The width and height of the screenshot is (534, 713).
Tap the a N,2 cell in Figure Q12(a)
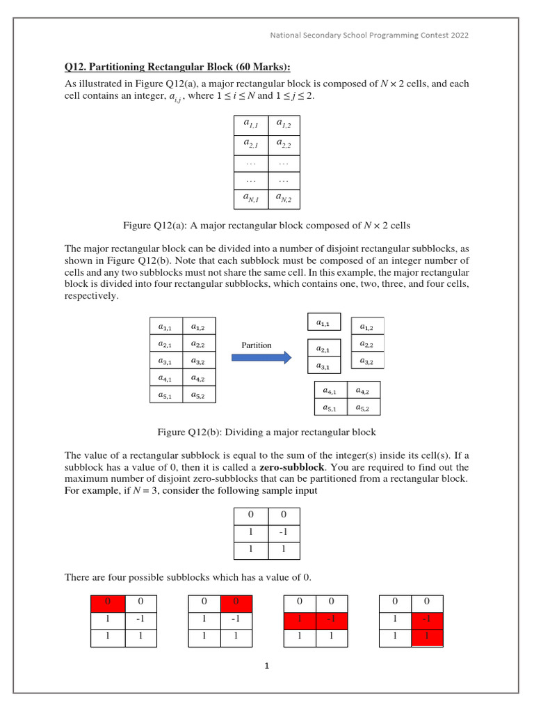coord(283,199)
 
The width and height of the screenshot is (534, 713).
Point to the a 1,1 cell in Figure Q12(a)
coord(250,124)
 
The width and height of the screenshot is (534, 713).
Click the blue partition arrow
coord(261,357)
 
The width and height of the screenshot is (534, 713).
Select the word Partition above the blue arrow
coord(257,345)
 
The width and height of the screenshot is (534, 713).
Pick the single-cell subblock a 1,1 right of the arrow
coord(324,322)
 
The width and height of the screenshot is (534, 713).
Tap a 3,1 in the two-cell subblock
coord(324,366)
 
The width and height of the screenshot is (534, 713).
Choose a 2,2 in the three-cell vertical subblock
coord(366,344)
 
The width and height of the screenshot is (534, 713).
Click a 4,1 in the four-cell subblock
coord(331,391)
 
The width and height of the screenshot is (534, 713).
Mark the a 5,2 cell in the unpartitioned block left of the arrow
coord(198,395)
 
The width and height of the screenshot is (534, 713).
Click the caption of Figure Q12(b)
coord(267,432)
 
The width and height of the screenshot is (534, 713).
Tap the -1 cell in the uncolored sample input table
coord(283,533)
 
